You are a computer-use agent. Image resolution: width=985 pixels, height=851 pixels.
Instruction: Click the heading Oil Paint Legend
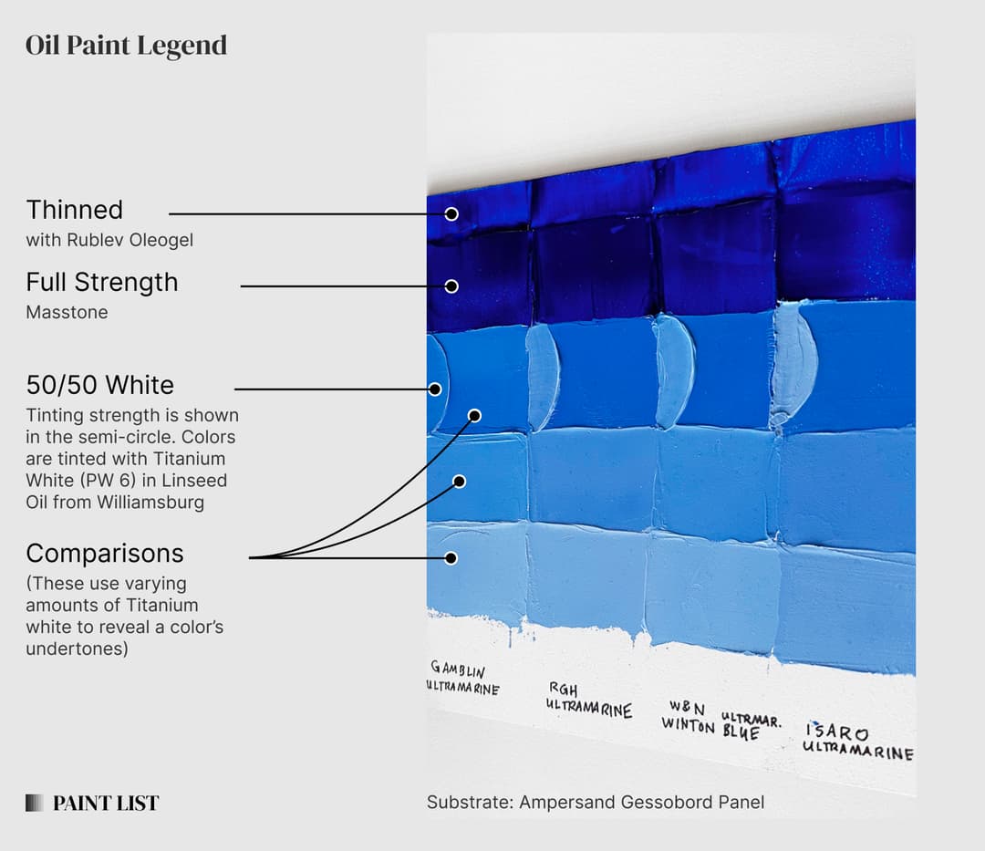click(x=126, y=46)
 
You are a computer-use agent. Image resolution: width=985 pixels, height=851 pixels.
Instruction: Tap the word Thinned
click(x=74, y=210)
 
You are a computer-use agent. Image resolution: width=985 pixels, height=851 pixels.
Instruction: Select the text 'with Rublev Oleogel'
click(x=109, y=241)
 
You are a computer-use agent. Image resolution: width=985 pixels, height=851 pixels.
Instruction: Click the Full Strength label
click(x=101, y=283)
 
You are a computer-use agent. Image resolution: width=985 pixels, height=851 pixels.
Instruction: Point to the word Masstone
click(x=67, y=313)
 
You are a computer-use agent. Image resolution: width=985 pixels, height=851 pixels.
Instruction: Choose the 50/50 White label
click(x=99, y=385)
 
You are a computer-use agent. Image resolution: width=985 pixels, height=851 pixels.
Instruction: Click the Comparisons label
click(x=105, y=554)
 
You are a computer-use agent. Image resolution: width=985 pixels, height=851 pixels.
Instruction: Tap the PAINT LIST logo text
click(x=106, y=804)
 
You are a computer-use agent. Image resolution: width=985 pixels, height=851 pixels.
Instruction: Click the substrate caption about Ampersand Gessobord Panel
click(x=595, y=803)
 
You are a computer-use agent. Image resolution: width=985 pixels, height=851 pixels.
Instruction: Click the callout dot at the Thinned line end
click(x=451, y=213)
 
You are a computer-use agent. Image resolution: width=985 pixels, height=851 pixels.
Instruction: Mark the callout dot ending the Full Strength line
click(x=451, y=286)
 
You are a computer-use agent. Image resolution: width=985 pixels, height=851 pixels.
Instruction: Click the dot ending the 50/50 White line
click(x=435, y=389)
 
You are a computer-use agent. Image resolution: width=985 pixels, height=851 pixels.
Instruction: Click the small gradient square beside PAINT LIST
click(x=35, y=804)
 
